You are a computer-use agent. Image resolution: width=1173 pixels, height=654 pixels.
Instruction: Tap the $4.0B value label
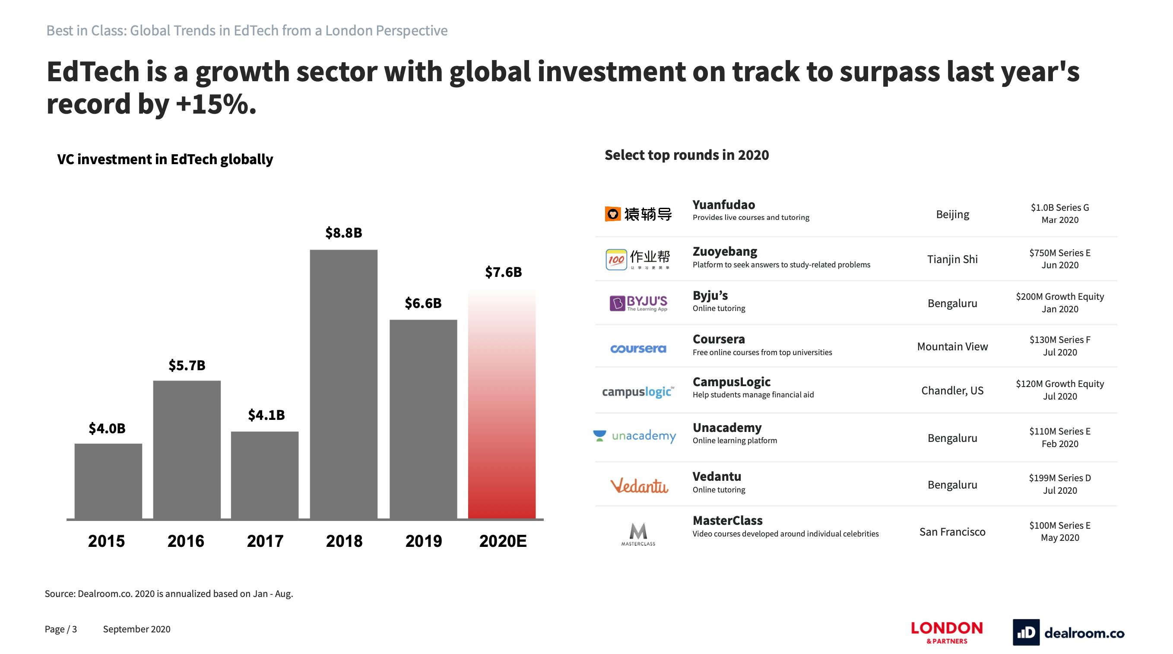(x=107, y=428)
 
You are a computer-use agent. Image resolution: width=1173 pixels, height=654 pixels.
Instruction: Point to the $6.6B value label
(x=423, y=303)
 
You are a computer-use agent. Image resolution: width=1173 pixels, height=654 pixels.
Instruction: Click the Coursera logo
(x=638, y=349)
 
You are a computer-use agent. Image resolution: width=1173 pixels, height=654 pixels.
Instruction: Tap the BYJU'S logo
(x=638, y=303)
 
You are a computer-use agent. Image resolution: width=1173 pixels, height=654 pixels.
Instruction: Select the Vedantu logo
(x=639, y=486)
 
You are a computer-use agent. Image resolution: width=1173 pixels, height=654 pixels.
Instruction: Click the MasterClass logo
(x=638, y=534)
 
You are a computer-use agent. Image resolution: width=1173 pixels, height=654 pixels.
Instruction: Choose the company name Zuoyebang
(x=724, y=251)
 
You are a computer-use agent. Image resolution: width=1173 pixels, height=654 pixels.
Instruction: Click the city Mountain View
(x=952, y=346)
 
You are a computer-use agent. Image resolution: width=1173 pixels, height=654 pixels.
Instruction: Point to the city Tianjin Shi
(x=952, y=259)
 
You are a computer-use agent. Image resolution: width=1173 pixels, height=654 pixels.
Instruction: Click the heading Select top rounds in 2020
(x=686, y=155)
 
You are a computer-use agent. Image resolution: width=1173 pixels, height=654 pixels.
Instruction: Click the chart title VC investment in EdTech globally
(x=165, y=159)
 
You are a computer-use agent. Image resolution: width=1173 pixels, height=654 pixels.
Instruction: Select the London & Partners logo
(x=947, y=632)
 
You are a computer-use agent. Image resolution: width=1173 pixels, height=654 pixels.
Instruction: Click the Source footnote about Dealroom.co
(x=168, y=594)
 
